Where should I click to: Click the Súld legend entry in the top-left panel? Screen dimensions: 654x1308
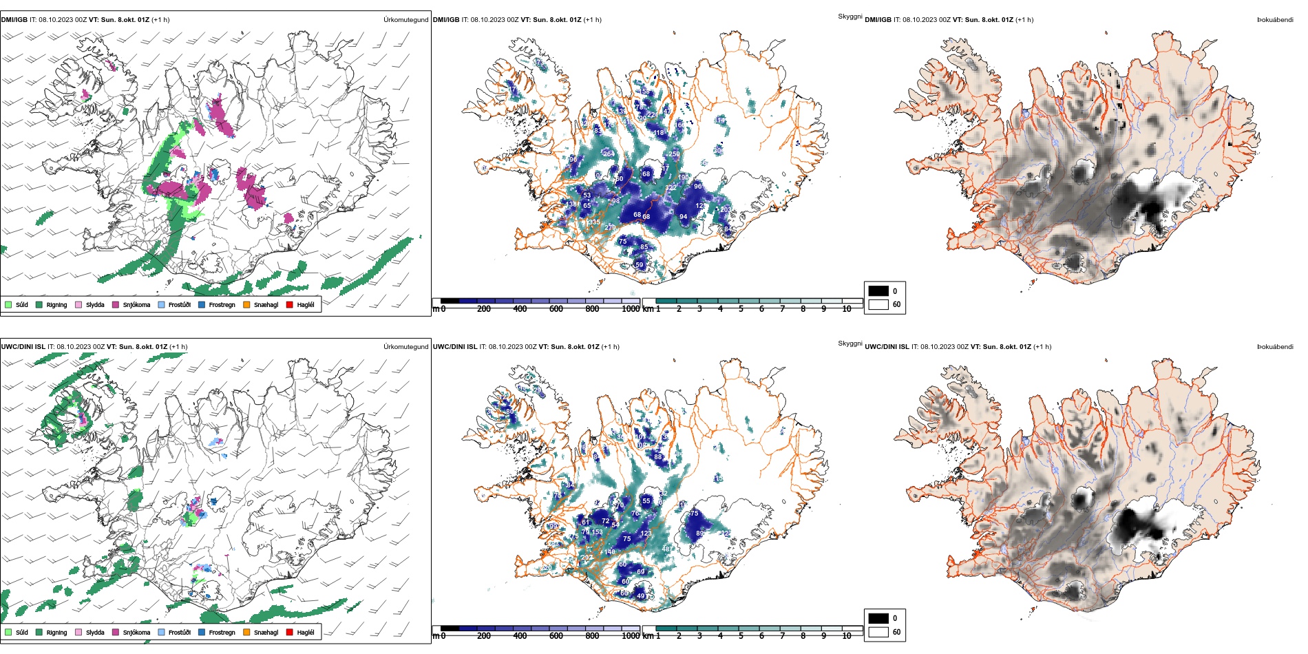tap(17, 304)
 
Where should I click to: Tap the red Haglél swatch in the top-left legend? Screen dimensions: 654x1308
tap(290, 304)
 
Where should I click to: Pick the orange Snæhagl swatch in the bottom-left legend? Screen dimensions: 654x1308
tap(246, 632)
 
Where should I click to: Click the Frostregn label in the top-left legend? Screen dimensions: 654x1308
tap(222, 304)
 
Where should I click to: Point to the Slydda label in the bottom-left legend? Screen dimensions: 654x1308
tap(95, 632)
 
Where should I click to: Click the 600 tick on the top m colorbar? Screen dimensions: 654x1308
tap(556, 309)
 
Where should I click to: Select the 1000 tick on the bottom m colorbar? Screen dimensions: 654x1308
tap(631, 636)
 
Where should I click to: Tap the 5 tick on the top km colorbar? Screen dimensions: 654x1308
tap(741, 309)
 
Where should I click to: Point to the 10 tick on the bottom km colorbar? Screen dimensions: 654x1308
tap(847, 636)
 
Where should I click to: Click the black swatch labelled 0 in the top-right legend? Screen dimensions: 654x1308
tap(878, 291)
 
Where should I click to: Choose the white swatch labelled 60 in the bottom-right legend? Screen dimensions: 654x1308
tap(878, 632)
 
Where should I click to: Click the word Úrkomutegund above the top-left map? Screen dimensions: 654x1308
tap(405, 20)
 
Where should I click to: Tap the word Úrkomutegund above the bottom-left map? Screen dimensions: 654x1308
tap(405, 347)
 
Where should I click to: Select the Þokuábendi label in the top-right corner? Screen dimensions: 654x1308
tap(1275, 20)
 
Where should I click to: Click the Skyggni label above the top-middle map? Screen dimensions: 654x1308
tap(850, 17)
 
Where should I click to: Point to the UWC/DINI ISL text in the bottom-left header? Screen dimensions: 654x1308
tap(23, 347)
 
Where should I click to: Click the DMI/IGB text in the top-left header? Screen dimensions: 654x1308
tap(14, 20)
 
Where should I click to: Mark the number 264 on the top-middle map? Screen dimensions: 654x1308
tap(609, 154)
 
